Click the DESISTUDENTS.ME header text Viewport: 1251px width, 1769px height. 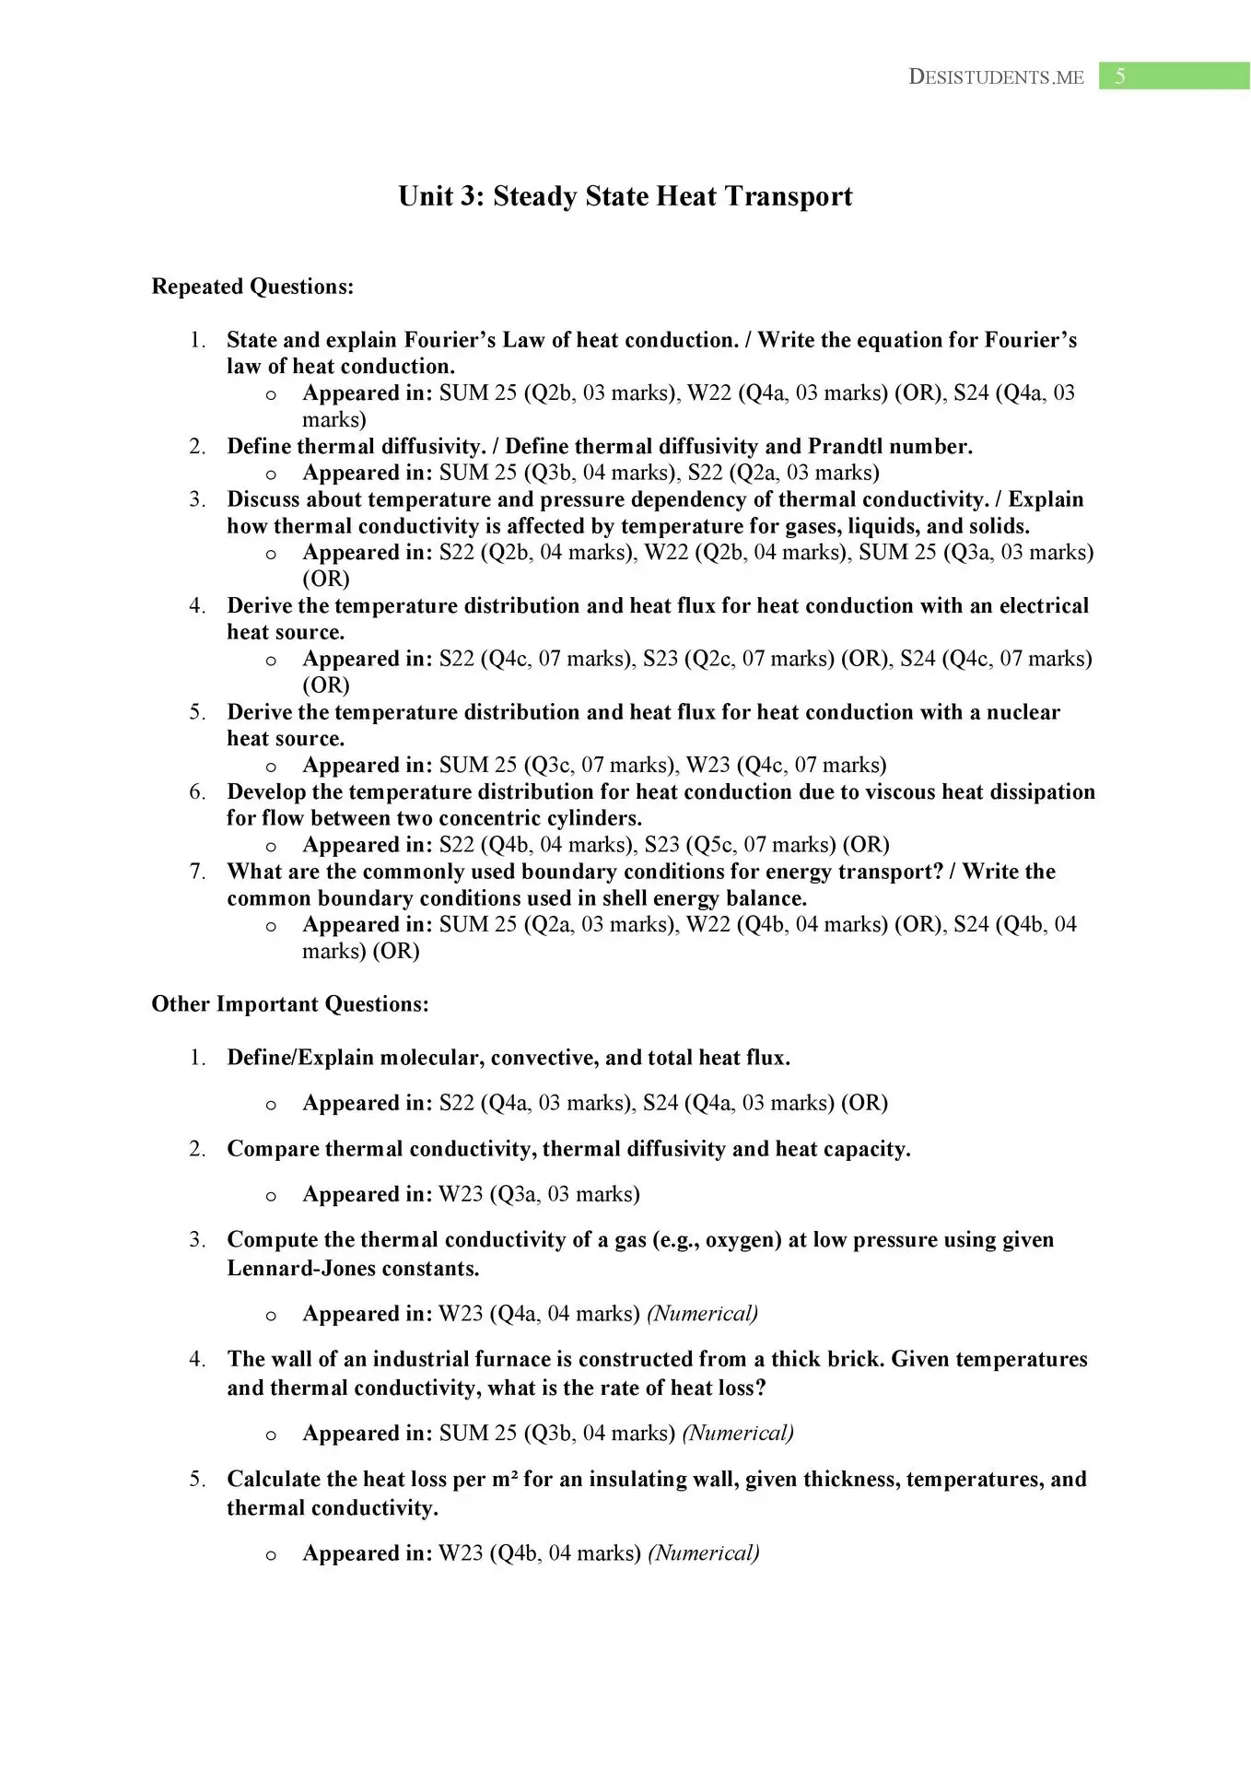pyautogui.click(x=996, y=77)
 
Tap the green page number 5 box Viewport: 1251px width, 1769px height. pyautogui.click(x=1174, y=76)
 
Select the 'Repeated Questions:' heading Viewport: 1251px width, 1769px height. pyautogui.click(x=252, y=287)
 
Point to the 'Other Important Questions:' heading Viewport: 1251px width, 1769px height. pyautogui.click(x=290, y=1004)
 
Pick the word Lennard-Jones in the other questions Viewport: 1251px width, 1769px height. pyautogui.click(x=299, y=1269)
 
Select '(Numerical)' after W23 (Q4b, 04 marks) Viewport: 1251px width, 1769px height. pyautogui.click(x=704, y=1553)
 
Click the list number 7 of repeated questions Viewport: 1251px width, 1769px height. pyautogui.click(x=197, y=872)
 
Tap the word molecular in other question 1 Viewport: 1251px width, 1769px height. pyautogui.click(x=429, y=1058)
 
